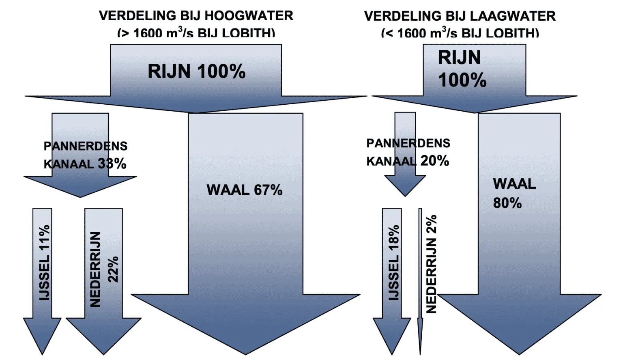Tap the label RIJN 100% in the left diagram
(196, 71)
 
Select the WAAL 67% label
(245, 190)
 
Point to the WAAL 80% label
(513, 193)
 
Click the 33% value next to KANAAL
(112, 164)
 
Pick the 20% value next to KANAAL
(435, 161)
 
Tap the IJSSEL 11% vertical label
(44, 262)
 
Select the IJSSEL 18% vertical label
(394, 262)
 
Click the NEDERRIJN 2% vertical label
(431, 264)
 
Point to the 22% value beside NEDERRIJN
(113, 269)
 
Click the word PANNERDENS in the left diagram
(86, 146)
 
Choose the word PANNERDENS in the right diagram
(408, 143)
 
